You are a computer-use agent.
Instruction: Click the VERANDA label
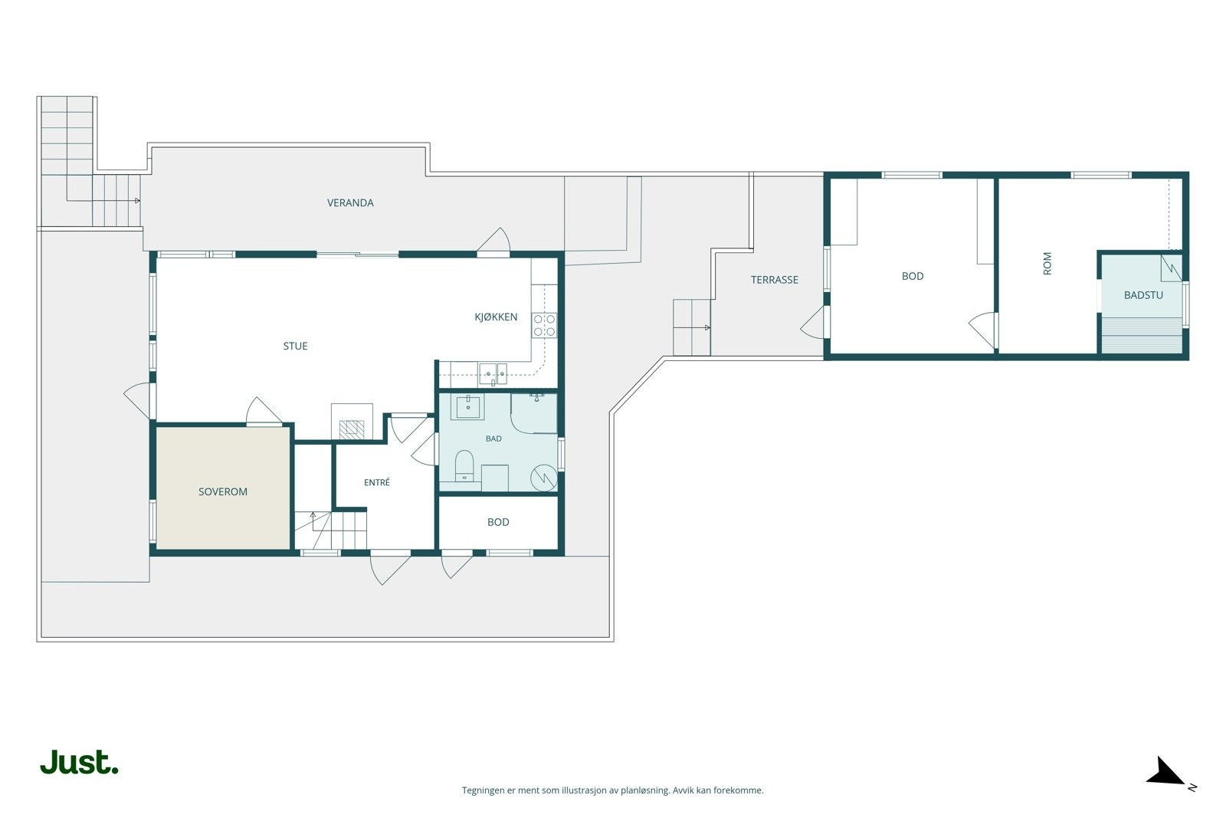pyautogui.click(x=350, y=202)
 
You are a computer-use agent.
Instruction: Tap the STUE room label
pyautogui.click(x=295, y=346)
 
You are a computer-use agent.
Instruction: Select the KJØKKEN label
pyautogui.click(x=496, y=317)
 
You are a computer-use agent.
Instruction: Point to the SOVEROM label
pyautogui.click(x=223, y=491)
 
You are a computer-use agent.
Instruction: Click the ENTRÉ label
pyautogui.click(x=377, y=482)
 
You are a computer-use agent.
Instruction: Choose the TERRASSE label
pyautogui.click(x=775, y=280)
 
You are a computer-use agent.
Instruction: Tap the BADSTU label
pyautogui.click(x=1143, y=295)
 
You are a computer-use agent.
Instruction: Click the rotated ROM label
pyautogui.click(x=1047, y=264)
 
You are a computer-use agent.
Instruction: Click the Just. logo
pyautogui.click(x=80, y=762)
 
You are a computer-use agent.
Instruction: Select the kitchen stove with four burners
pyautogui.click(x=544, y=325)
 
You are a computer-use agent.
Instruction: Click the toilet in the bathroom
pyautogui.click(x=464, y=465)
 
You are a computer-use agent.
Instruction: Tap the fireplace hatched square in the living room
pyautogui.click(x=352, y=429)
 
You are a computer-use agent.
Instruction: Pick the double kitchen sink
pyautogui.click(x=493, y=374)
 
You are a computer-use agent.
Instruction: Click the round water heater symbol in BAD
pyautogui.click(x=544, y=478)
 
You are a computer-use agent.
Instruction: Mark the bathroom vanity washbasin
pyautogui.click(x=468, y=407)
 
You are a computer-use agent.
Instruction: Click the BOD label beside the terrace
pyautogui.click(x=913, y=277)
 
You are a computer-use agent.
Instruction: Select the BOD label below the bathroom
pyautogui.click(x=498, y=522)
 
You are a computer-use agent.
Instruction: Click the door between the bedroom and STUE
pyautogui.click(x=263, y=411)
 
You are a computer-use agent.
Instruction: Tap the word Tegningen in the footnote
pyautogui.click(x=484, y=790)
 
